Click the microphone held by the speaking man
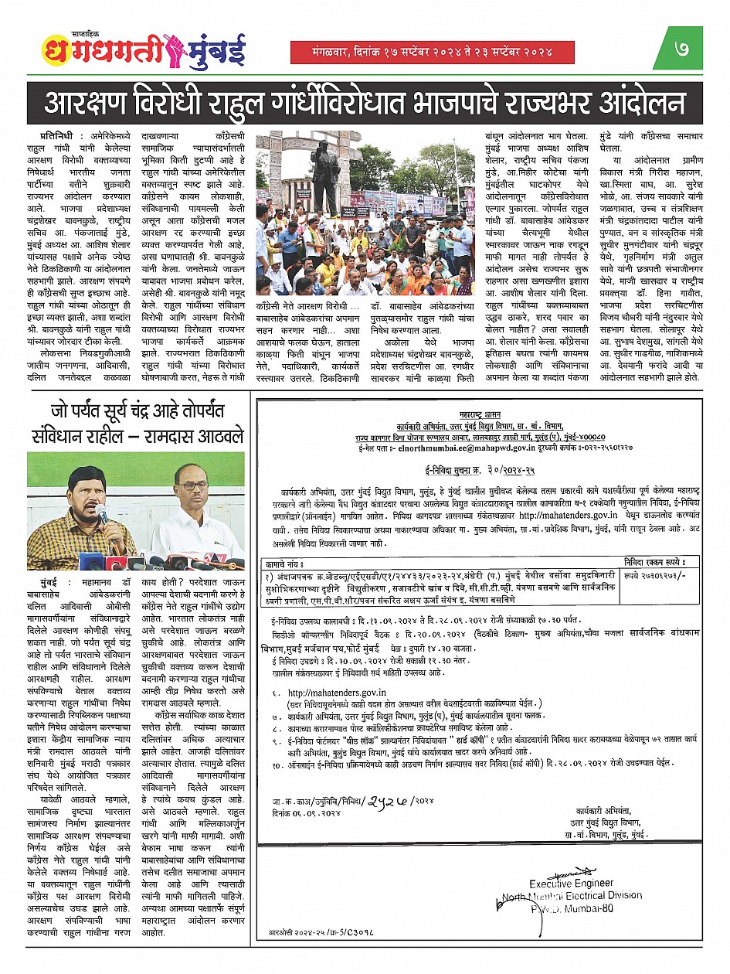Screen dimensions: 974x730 (x=101, y=513)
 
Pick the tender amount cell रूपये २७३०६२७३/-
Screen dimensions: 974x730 (x=654, y=577)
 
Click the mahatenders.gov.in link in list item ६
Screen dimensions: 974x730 (x=337, y=692)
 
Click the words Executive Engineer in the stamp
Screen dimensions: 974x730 (x=571, y=883)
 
